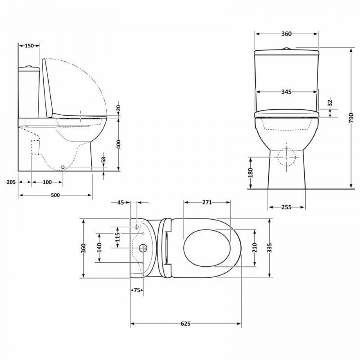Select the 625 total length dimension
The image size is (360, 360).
[185, 324]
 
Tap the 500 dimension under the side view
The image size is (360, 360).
[55, 195]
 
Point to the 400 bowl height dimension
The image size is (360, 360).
[119, 144]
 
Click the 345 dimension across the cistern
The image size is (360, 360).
[286, 92]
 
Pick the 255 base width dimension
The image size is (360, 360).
[287, 207]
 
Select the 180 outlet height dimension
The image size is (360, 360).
[251, 172]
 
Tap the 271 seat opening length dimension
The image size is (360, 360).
[207, 202]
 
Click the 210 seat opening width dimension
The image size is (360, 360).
[255, 248]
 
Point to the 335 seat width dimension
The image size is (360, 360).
[270, 248]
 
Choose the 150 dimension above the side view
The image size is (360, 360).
[29, 46]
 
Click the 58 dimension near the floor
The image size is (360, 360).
[104, 159]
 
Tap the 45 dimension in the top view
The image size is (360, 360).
[120, 203]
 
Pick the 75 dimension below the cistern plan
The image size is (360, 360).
[136, 290]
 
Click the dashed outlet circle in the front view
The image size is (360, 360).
[287, 157]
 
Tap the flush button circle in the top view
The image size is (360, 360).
[143, 248]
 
